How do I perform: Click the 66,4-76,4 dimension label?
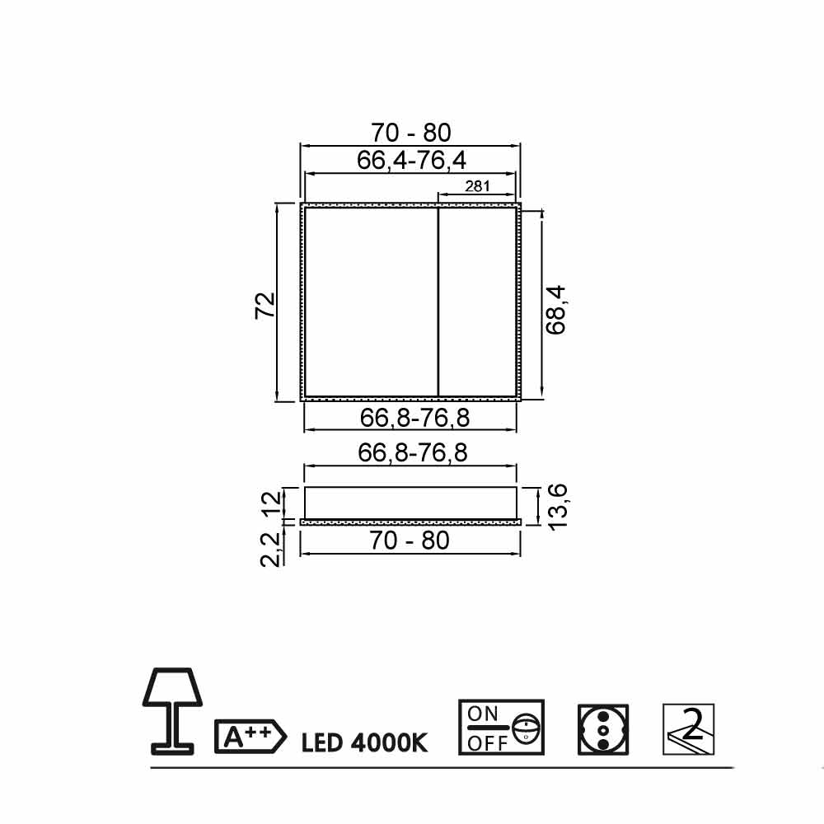click(411, 161)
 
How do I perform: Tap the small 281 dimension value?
click(477, 186)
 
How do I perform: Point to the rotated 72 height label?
click(265, 305)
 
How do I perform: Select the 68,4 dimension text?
click(555, 310)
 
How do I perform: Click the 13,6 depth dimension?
click(558, 507)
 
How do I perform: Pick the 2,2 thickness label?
click(270, 550)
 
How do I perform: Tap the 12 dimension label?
click(272, 504)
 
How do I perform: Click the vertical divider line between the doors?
click(438, 302)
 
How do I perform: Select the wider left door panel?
click(371, 302)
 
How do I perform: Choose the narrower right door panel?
click(477, 302)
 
